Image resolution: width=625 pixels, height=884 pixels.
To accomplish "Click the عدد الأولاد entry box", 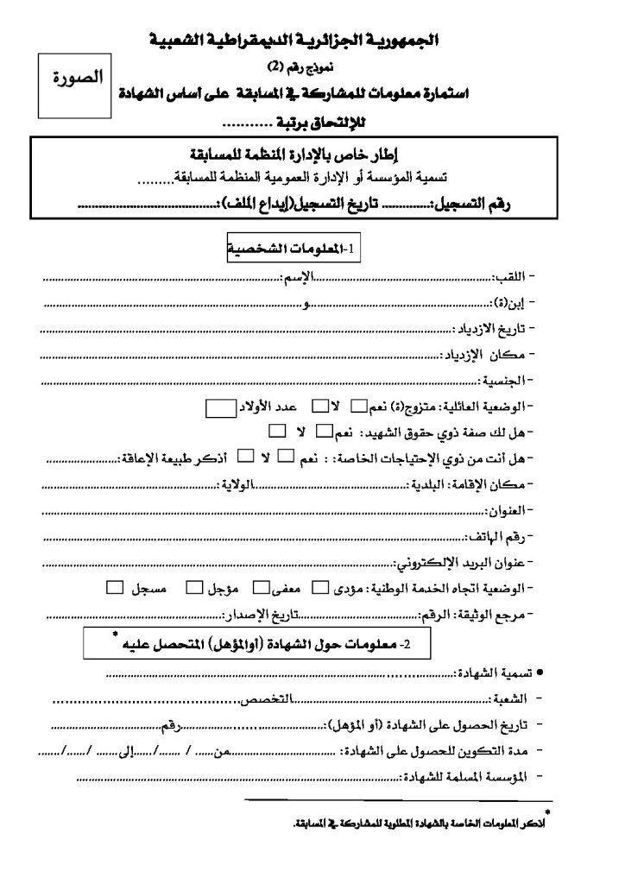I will tap(219, 407).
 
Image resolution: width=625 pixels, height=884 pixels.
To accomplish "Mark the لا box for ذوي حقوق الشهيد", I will tap(277, 430).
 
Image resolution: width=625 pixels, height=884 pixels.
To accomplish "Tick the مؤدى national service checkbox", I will tap(319, 590).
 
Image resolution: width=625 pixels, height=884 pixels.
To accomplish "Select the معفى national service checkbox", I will tap(260, 590).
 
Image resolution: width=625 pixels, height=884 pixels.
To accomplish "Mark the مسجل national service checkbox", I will tap(114, 590).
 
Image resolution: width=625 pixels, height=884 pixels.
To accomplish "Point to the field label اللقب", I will tap(511, 278).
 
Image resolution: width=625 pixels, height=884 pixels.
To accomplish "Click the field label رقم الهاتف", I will tap(499, 536).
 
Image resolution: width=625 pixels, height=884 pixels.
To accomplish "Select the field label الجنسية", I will tap(504, 380).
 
